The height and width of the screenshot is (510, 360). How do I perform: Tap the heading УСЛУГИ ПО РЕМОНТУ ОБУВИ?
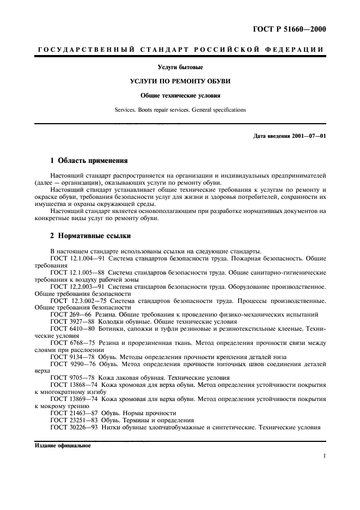(x=180, y=81)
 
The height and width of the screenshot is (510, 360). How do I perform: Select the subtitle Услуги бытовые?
(x=180, y=68)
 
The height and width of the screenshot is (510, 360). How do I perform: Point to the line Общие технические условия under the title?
(x=180, y=95)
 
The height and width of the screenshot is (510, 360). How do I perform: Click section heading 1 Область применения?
(x=89, y=161)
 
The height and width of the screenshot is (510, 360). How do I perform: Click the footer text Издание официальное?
(x=63, y=445)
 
